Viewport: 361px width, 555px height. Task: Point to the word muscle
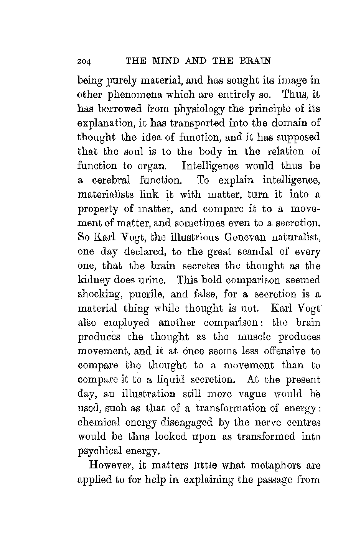(x=254, y=337)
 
